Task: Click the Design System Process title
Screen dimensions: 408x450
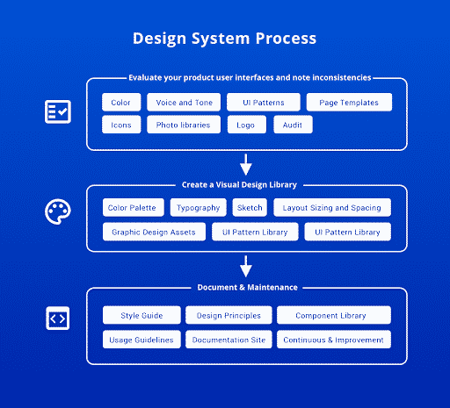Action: tap(224, 39)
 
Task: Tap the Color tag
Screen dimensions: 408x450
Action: tap(120, 103)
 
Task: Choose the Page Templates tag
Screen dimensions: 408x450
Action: tap(349, 103)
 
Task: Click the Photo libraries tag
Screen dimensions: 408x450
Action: tap(183, 125)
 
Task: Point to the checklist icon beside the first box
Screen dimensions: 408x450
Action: tap(58, 111)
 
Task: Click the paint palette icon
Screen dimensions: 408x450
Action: tap(58, 213)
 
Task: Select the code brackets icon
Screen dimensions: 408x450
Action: tap(58, 319)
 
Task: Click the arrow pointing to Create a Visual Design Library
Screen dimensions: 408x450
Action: tap(246, 165)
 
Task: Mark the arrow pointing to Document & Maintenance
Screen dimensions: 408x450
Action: tap(246, 266)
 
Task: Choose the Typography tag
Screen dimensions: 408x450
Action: tap(198, 208)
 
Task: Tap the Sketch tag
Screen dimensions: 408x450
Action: tap(250, 208)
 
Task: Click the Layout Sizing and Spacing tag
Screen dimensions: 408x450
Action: tap(332, 208)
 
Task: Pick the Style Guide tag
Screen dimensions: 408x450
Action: tap(141, 315)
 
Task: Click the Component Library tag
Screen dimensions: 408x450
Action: tap(333, 315)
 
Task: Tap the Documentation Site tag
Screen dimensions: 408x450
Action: tap(229, 340)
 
